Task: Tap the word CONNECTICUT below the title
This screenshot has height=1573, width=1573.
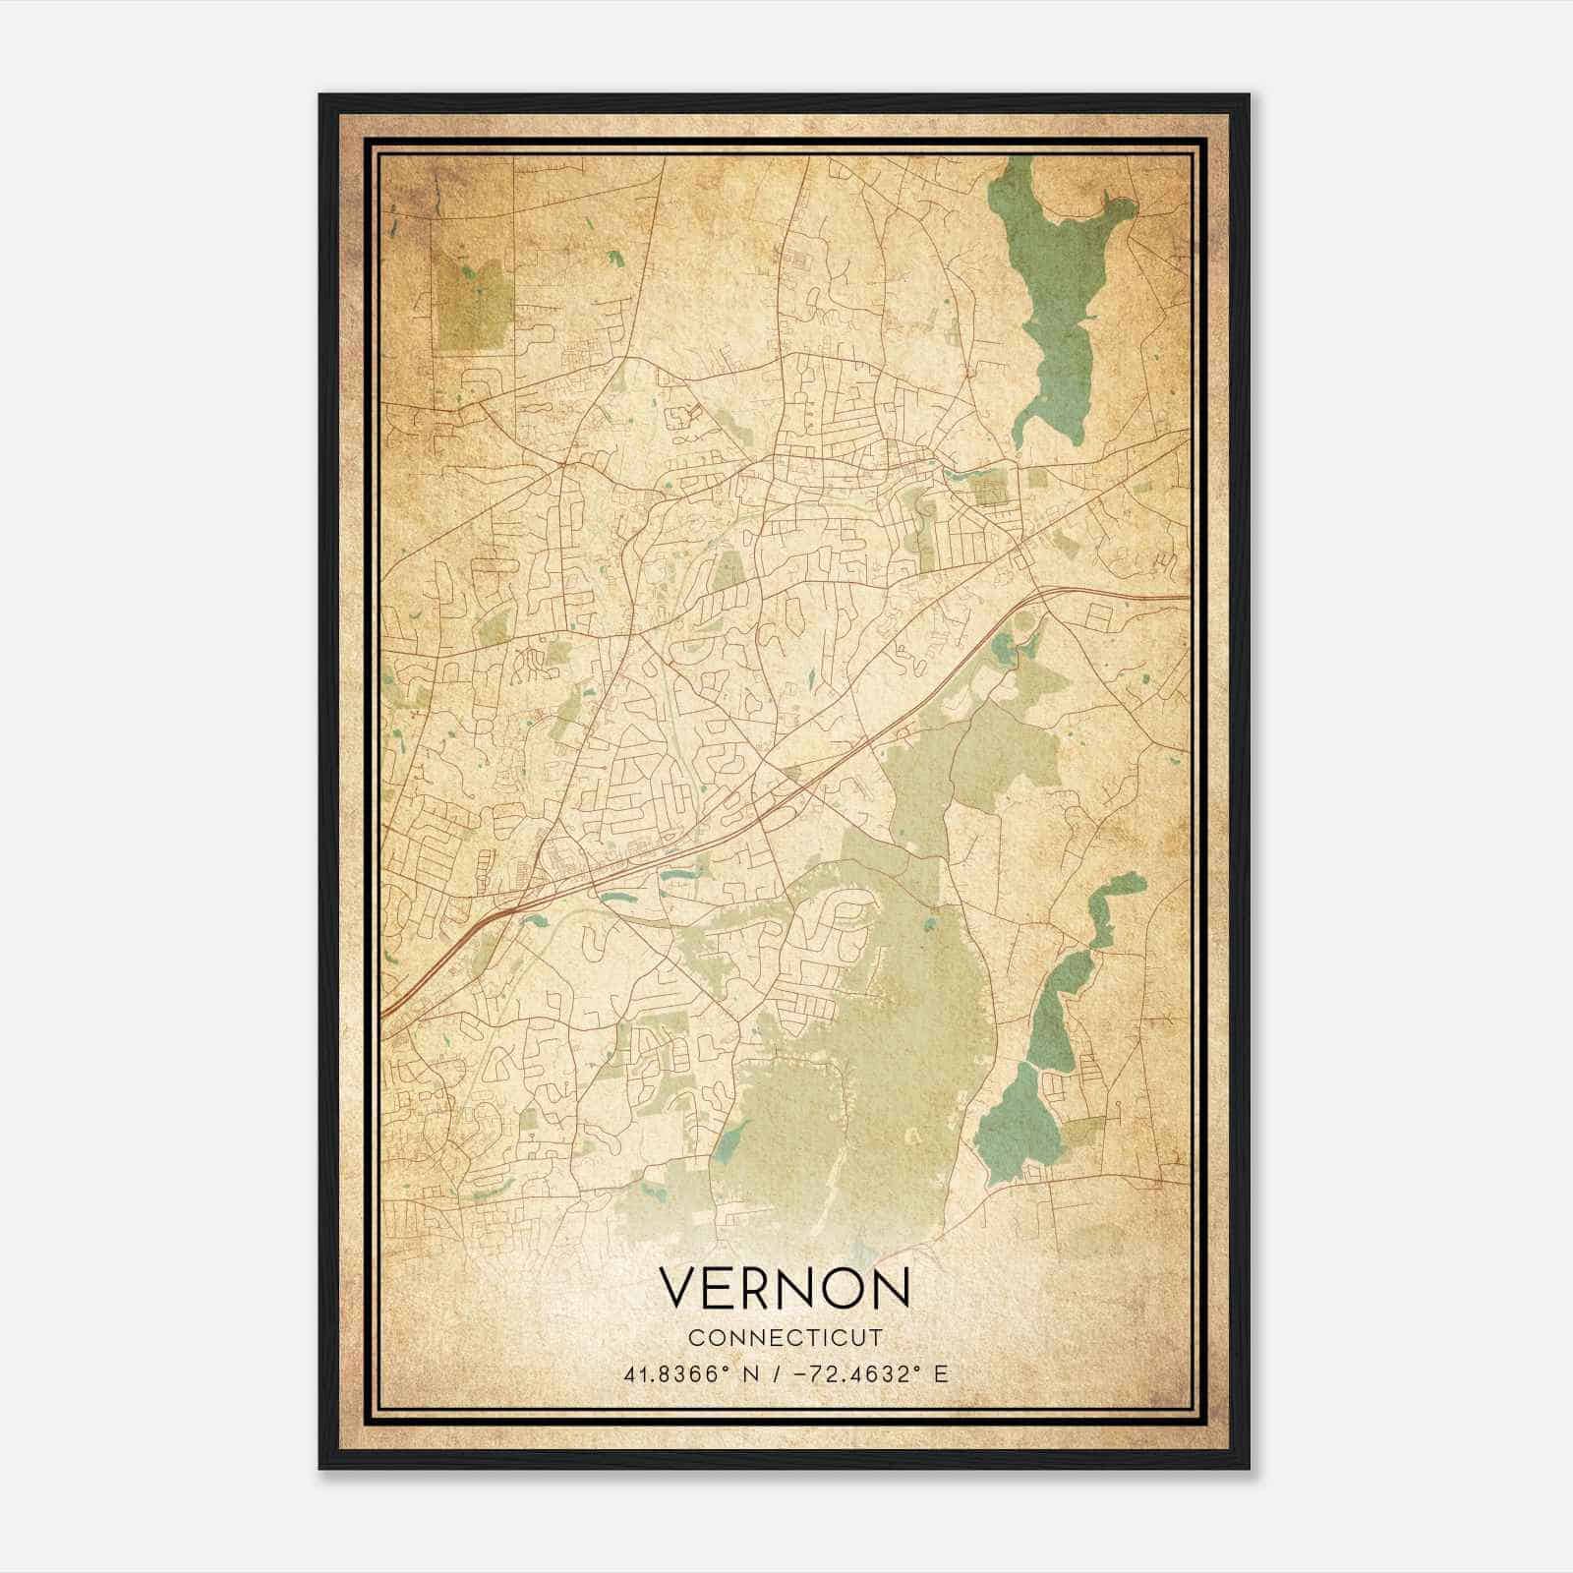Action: point(785,1338)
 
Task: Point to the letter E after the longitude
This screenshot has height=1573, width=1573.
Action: point(941,1373)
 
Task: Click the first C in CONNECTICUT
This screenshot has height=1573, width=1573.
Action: point(695,1338)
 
